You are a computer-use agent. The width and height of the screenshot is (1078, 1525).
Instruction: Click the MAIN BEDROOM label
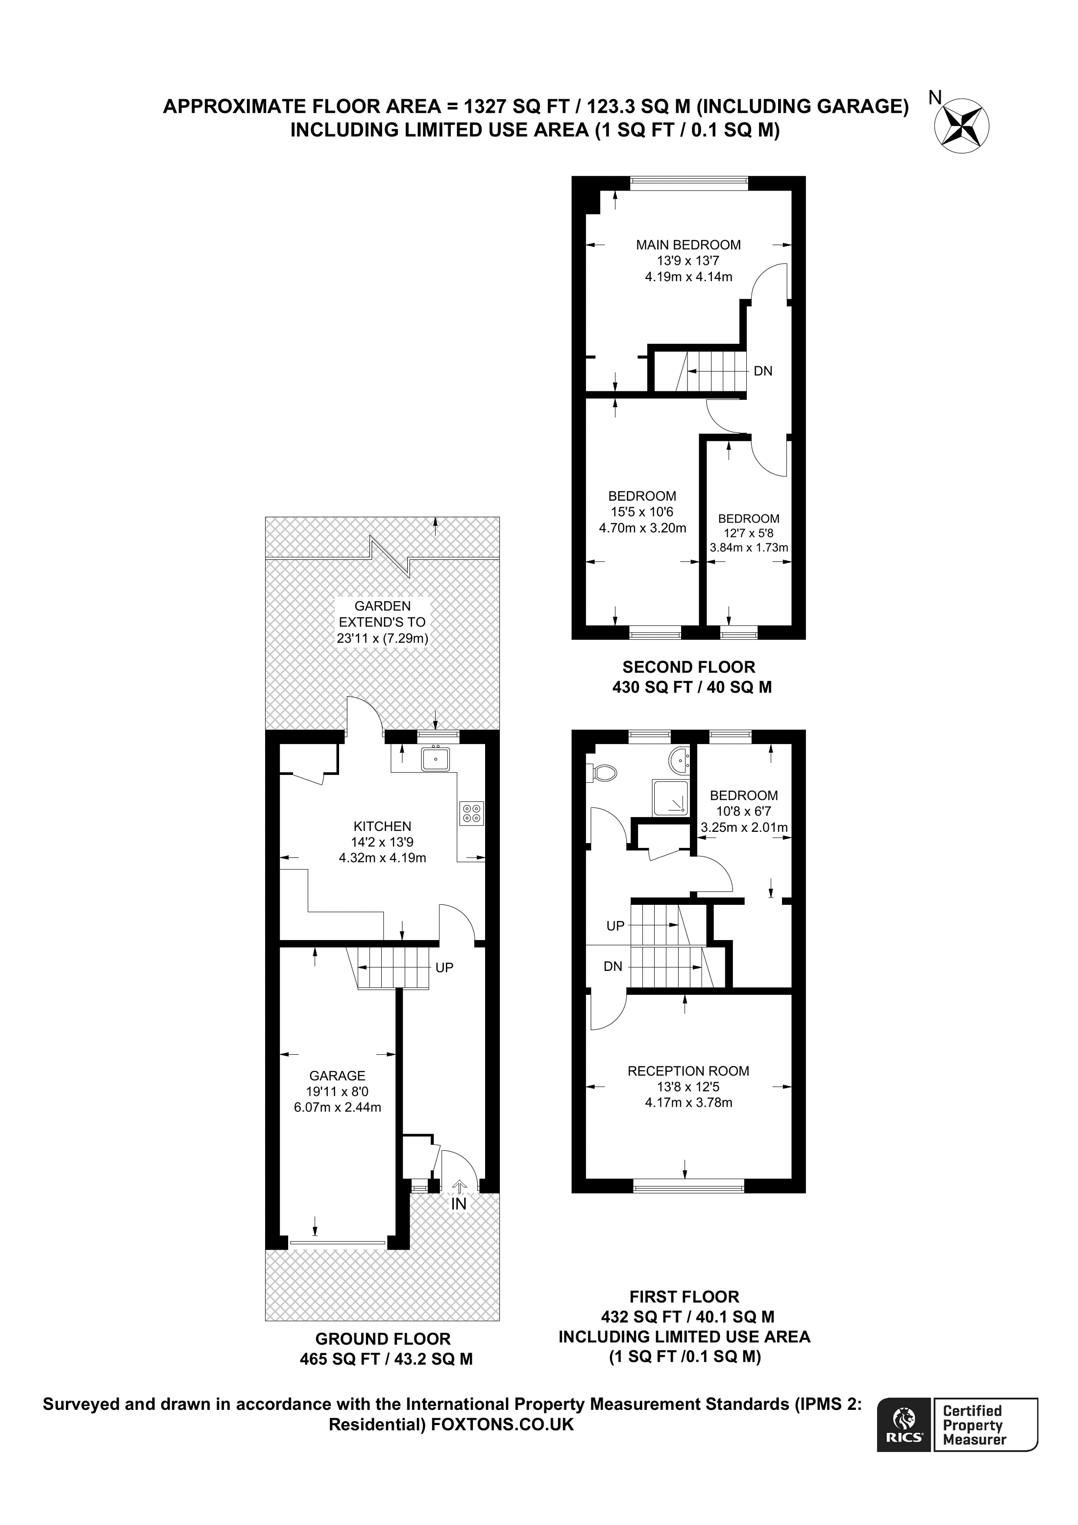click(x=688, y=245)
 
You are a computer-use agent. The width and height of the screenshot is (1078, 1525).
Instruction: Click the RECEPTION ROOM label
click(x=688, y=1071)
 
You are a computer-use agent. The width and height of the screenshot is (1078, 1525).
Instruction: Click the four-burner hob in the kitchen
click(x=471, y=814)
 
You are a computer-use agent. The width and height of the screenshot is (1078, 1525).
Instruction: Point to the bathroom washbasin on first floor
click(x=679, y=760)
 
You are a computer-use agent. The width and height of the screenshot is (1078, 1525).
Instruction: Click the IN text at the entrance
click(x=459, y=1204)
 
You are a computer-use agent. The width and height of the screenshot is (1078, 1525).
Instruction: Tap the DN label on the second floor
click(x=762, y=371)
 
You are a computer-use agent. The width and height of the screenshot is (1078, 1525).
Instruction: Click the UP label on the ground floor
click(x=444, y=967)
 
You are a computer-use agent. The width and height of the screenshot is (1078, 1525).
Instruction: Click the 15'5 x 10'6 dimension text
click(x=642, y=512)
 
